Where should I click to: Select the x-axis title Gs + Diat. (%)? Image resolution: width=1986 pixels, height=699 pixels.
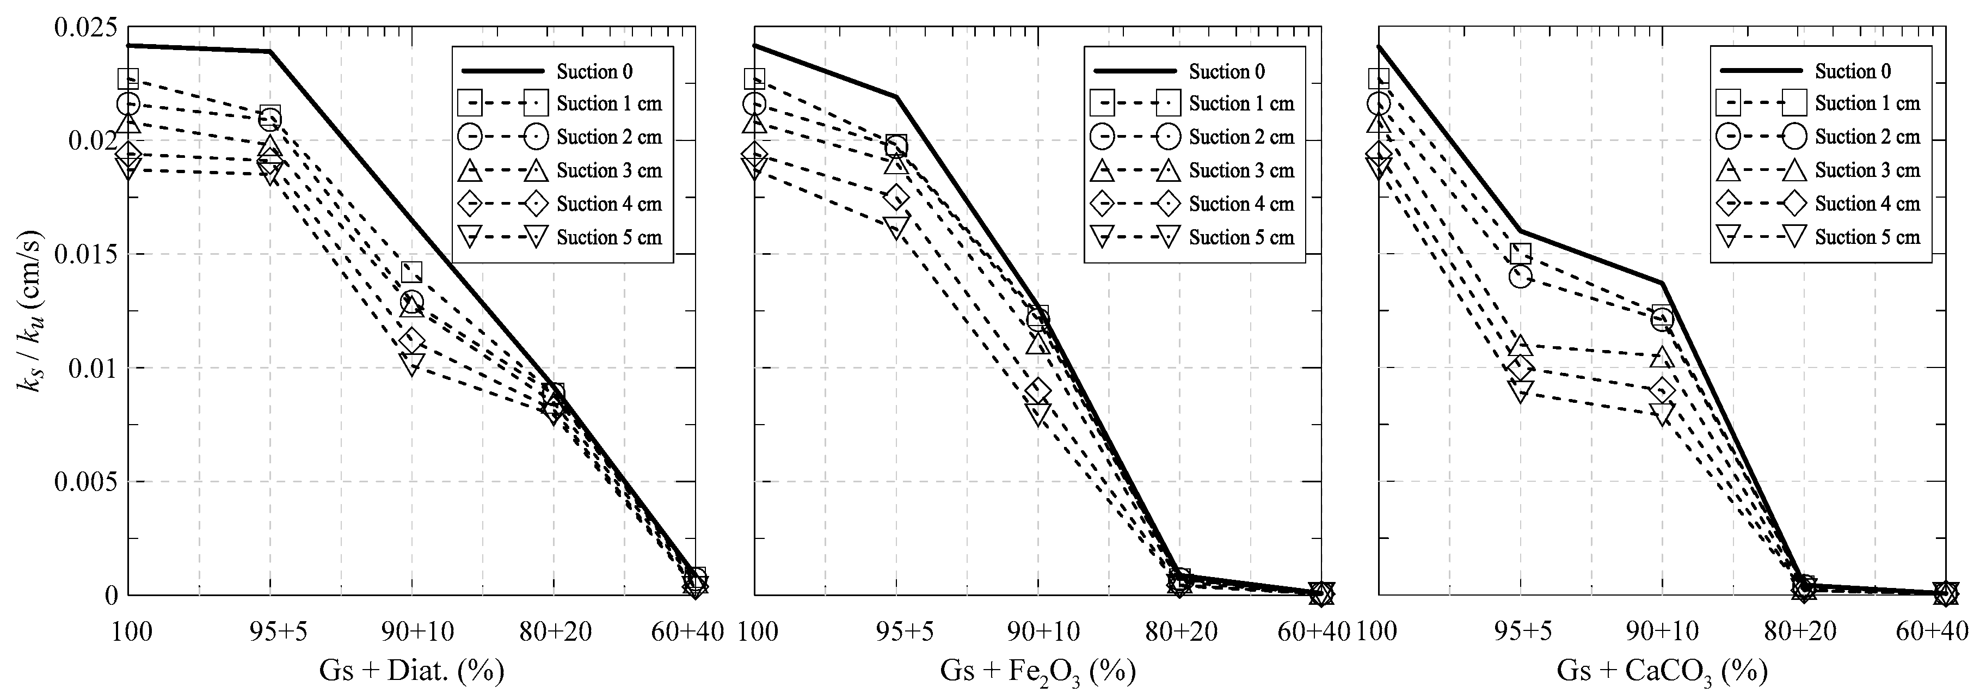pyautogui.click(x=411, y=671)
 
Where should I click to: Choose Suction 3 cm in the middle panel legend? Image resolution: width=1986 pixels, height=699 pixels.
pyautogui.click(x=1241, y=170)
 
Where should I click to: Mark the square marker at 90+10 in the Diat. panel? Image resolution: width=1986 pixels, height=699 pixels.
pyautogui.click(x=411, y=272)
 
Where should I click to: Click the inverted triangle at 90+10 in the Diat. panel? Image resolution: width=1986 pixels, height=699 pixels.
pyautogui.click(x=411, y=363)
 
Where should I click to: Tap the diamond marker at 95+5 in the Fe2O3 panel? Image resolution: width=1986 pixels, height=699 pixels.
pyautogui.click(x=896, y=198)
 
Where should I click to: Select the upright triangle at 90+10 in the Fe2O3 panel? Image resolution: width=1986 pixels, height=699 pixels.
pyautogui.click(x=1038, y=342)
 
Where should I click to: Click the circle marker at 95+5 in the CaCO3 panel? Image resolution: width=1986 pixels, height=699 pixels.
pyautogui.click(x=1520, y=276)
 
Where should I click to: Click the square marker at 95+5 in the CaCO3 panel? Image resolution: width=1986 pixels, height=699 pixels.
pyautogui.click(x=1520, y=254)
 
